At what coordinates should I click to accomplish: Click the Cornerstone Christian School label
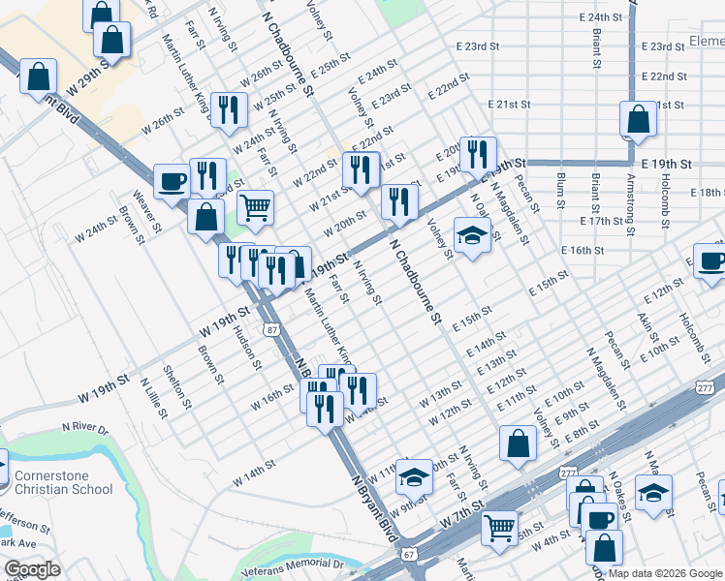pyautogui.click(x=64, y=481)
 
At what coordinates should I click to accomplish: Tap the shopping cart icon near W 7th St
pyautogui.click(x=499, y=529)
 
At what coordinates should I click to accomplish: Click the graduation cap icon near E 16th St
pyautogui.click(x=471, y=235)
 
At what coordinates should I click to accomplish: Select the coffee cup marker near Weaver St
pyautogui.click(x=173, y=181)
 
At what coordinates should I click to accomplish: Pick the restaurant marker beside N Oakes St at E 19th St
pyautogui.click(x=478, y=153)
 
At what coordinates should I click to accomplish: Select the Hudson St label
pyautogui.click(x=247, y=347)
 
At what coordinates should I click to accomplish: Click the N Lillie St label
pyautogui.click(x=152, y=398)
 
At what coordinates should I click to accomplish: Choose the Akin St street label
pyautogui.click(x=646, y=331)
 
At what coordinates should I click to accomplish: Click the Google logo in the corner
pyautogui.click(x=32, y=569)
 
